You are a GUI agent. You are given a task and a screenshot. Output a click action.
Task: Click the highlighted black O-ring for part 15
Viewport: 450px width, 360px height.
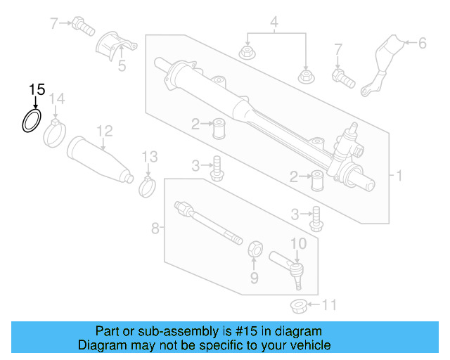[30, 121]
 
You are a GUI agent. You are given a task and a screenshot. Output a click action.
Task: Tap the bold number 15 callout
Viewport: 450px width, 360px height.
[37, 90]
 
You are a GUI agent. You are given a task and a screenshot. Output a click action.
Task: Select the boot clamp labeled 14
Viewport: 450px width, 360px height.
[54, 133]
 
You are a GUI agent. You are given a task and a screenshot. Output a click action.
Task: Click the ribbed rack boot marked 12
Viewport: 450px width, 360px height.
[99, 160]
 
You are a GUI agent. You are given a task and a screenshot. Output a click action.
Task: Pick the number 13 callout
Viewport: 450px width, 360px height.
[149, 156]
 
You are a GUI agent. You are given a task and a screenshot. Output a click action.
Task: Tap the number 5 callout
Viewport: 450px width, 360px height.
[122, 67]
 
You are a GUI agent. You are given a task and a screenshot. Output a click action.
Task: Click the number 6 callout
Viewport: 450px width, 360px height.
[422, 44]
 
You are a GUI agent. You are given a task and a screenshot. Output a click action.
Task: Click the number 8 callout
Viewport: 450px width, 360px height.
[155, 227]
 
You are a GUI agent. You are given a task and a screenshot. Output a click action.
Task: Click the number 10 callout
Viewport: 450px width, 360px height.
[298, 243]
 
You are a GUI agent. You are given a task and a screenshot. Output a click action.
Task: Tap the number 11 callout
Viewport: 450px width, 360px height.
[329, 305]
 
